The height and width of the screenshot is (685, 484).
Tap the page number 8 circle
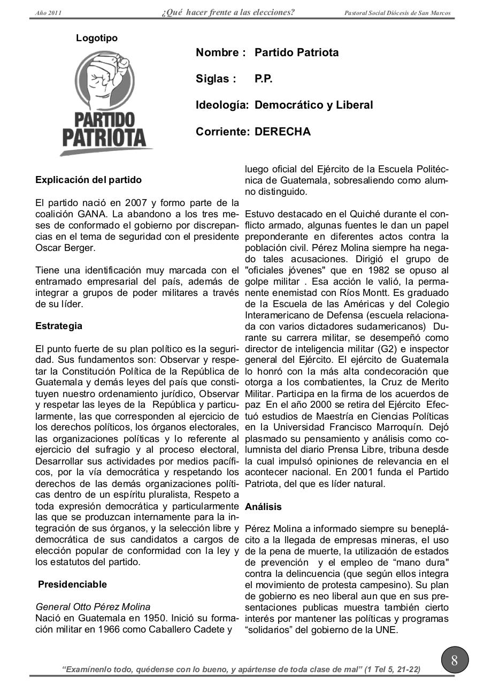[x=455, y=660]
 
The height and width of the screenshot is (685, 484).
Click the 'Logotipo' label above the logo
[x=97, y=39]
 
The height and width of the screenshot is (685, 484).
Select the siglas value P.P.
[x=264, y=79]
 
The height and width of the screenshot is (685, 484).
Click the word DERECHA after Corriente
[x=282, y=131]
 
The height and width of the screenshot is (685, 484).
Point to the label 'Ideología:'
[x=222, y=105]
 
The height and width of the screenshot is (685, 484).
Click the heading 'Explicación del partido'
[x=88, y=180]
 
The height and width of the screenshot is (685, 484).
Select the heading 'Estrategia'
[x=59, y=326]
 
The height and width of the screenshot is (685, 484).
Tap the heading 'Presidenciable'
[x=72, y=584]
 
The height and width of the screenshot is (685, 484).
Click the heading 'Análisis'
[x=263, y=506]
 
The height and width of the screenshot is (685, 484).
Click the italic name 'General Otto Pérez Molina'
[x=93, y=606]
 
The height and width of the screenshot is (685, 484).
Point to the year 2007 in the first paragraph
[x=136, y=203]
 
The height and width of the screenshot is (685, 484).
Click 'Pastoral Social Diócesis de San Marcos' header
[x=397, y=13]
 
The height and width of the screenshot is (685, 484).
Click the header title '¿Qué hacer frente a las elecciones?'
[x=228, y=12]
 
